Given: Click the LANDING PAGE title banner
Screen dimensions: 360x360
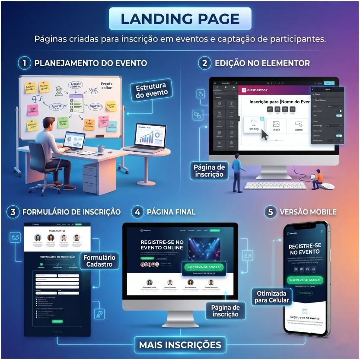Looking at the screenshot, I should (x=180, y=19).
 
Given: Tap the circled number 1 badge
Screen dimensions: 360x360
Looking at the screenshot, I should (x=25, y=63).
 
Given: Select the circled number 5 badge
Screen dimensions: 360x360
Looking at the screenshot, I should (x=271, y=212).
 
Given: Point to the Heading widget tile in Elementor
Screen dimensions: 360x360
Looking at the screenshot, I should (x=254, y=125).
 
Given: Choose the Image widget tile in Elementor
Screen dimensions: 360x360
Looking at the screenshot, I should (x=276, y=125).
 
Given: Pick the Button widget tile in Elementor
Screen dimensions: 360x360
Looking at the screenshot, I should (x=299, y=125).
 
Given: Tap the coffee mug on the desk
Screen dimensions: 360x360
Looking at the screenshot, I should (x=100, y=148).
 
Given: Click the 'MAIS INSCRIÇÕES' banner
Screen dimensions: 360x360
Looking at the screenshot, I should (x=180, y=345).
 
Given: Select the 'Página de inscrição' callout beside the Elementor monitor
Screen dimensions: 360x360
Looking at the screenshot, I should (x=209, y=171).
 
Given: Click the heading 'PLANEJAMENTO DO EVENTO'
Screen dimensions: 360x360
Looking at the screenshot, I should (x=90, y=63).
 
